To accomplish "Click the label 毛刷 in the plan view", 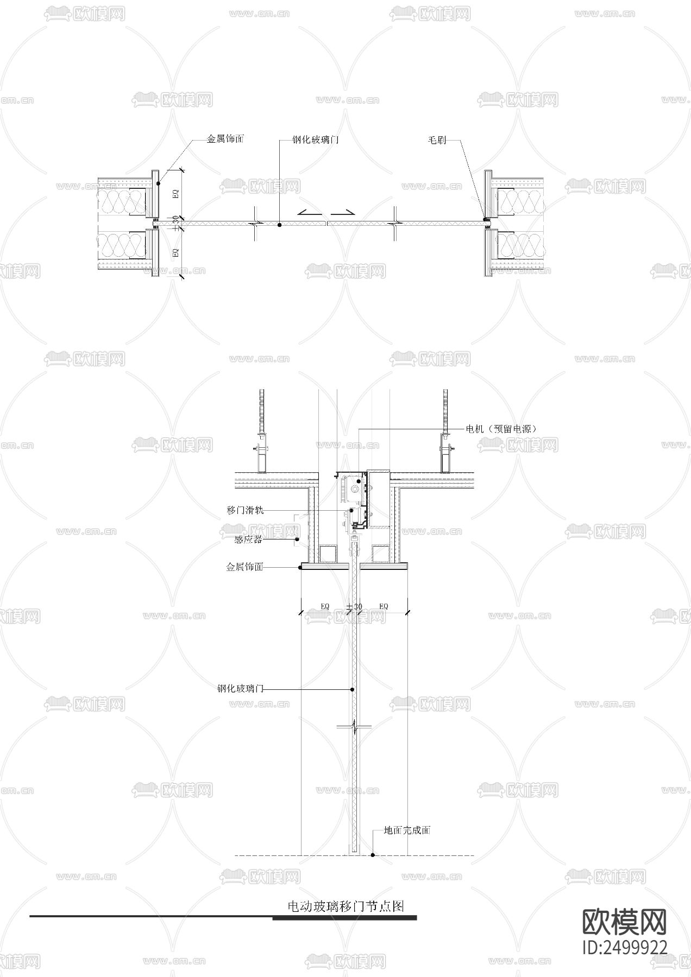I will tap(437, 140).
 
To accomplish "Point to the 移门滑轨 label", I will tap(245, 511).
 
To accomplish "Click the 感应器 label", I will tap(248, 540).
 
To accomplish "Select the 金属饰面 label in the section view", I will tap(244, 567).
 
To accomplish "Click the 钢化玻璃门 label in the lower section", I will tap(240, 689).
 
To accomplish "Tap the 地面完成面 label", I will tap(407, 830).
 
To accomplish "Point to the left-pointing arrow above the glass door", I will tap(308, 212).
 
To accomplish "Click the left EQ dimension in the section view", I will tap(325, 606).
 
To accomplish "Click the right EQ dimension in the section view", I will tap(384, 606).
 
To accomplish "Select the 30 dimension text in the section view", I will tap(357, 606).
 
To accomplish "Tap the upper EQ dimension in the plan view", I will tap(175, 194).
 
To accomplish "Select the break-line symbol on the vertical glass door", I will tap(354, 726).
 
